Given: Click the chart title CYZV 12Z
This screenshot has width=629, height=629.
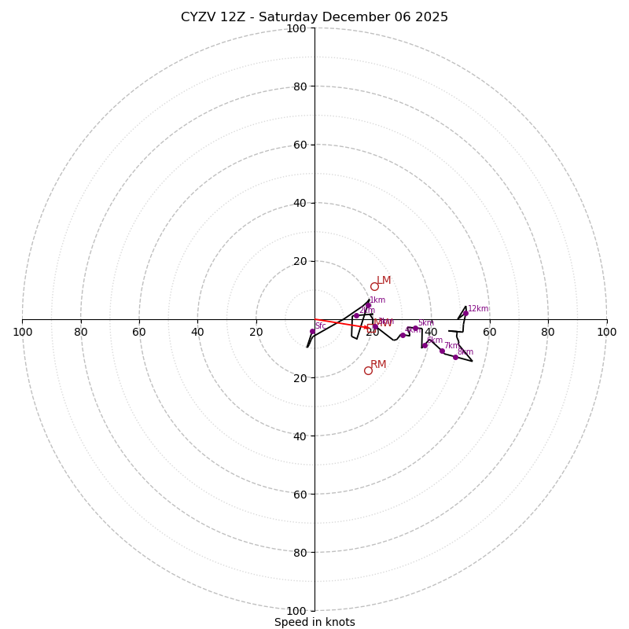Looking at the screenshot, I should tap(314, 17).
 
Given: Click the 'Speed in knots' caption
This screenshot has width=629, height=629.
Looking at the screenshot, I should tap(314, 622).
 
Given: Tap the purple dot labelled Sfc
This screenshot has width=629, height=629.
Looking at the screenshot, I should tap(312, 332).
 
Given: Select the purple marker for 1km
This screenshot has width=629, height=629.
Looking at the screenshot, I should tap(368, 305).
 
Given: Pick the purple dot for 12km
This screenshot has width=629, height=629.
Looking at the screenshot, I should tap(465, 313).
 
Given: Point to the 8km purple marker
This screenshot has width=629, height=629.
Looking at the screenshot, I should tap(455, 357).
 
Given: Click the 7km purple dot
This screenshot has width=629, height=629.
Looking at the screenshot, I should tap(442, 351).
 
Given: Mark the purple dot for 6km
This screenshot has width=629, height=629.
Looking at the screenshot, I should tap(425, 345).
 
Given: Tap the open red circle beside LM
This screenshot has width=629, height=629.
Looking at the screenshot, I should tap(374, 286).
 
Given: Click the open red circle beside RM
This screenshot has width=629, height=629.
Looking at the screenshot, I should tap(368, 370).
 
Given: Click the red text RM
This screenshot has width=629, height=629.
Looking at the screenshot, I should tap(378, 364).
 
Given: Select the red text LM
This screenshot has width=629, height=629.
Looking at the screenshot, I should tap(384, 280).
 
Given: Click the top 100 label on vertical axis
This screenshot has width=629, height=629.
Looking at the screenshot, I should tap(296, 28).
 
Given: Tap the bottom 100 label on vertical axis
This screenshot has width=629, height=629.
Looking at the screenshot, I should tap(296, 611).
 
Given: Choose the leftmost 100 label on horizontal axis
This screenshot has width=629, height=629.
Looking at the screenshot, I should tap(22, 332).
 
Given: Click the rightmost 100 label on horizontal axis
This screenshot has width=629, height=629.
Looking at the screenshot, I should tap(606, 332).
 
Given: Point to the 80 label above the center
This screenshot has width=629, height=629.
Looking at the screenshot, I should tap(300, 86).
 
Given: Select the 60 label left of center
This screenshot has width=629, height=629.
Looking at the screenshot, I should tap(139, 332).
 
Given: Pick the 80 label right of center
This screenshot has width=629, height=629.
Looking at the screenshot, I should tap(548, 332).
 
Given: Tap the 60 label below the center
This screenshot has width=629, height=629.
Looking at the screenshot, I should tap(300, 495).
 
